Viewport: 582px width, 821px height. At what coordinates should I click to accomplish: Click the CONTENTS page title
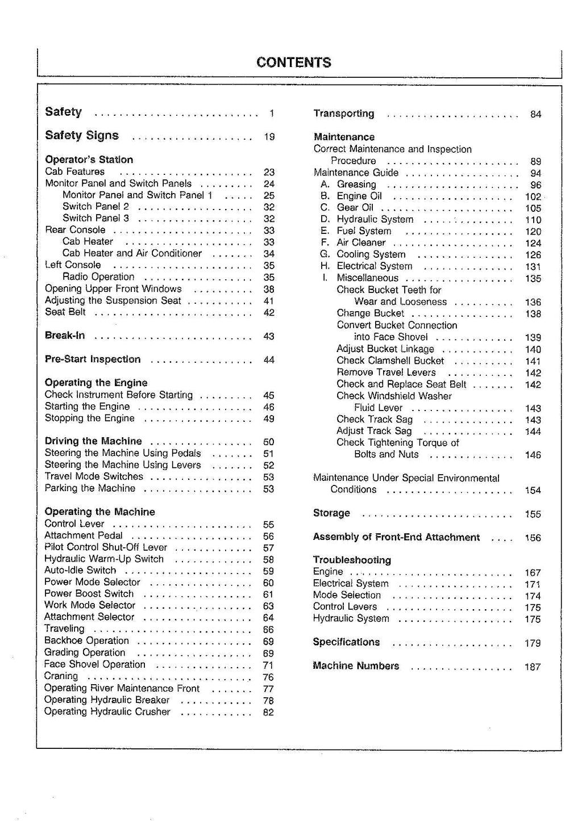point(293,62)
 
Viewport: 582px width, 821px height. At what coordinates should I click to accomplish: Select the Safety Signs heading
point(82,136)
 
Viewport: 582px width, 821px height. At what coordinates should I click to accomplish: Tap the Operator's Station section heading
point(89,160)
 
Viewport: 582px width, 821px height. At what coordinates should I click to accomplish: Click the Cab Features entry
point(74,171)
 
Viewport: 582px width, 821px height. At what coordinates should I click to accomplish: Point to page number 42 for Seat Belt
point(269,312)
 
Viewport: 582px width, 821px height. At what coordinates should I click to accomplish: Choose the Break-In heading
point(65,336)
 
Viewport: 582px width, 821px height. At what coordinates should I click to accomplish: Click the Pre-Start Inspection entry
point(93,359)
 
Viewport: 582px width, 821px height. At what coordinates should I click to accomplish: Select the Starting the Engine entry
point(87,407)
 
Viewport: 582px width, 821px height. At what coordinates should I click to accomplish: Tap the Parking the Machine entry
point(90,488)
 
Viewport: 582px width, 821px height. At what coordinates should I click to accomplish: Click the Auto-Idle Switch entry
point(80,571)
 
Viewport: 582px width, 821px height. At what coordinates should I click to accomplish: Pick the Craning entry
point(61,676)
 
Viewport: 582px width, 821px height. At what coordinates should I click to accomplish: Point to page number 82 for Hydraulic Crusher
point(268,713)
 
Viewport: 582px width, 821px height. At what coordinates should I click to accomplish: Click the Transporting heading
point(344,114)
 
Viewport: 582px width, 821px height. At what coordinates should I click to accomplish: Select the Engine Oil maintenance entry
point(359,196)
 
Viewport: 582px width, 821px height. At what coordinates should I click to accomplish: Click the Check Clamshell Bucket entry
point(390,361)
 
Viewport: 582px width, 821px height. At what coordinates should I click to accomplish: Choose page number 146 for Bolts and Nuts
point(533,455)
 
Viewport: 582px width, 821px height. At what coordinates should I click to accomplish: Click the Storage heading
point(331,513)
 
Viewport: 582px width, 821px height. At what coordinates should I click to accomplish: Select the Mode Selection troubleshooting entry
point(347,595)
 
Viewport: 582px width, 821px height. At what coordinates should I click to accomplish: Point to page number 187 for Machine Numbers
point(533,667)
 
